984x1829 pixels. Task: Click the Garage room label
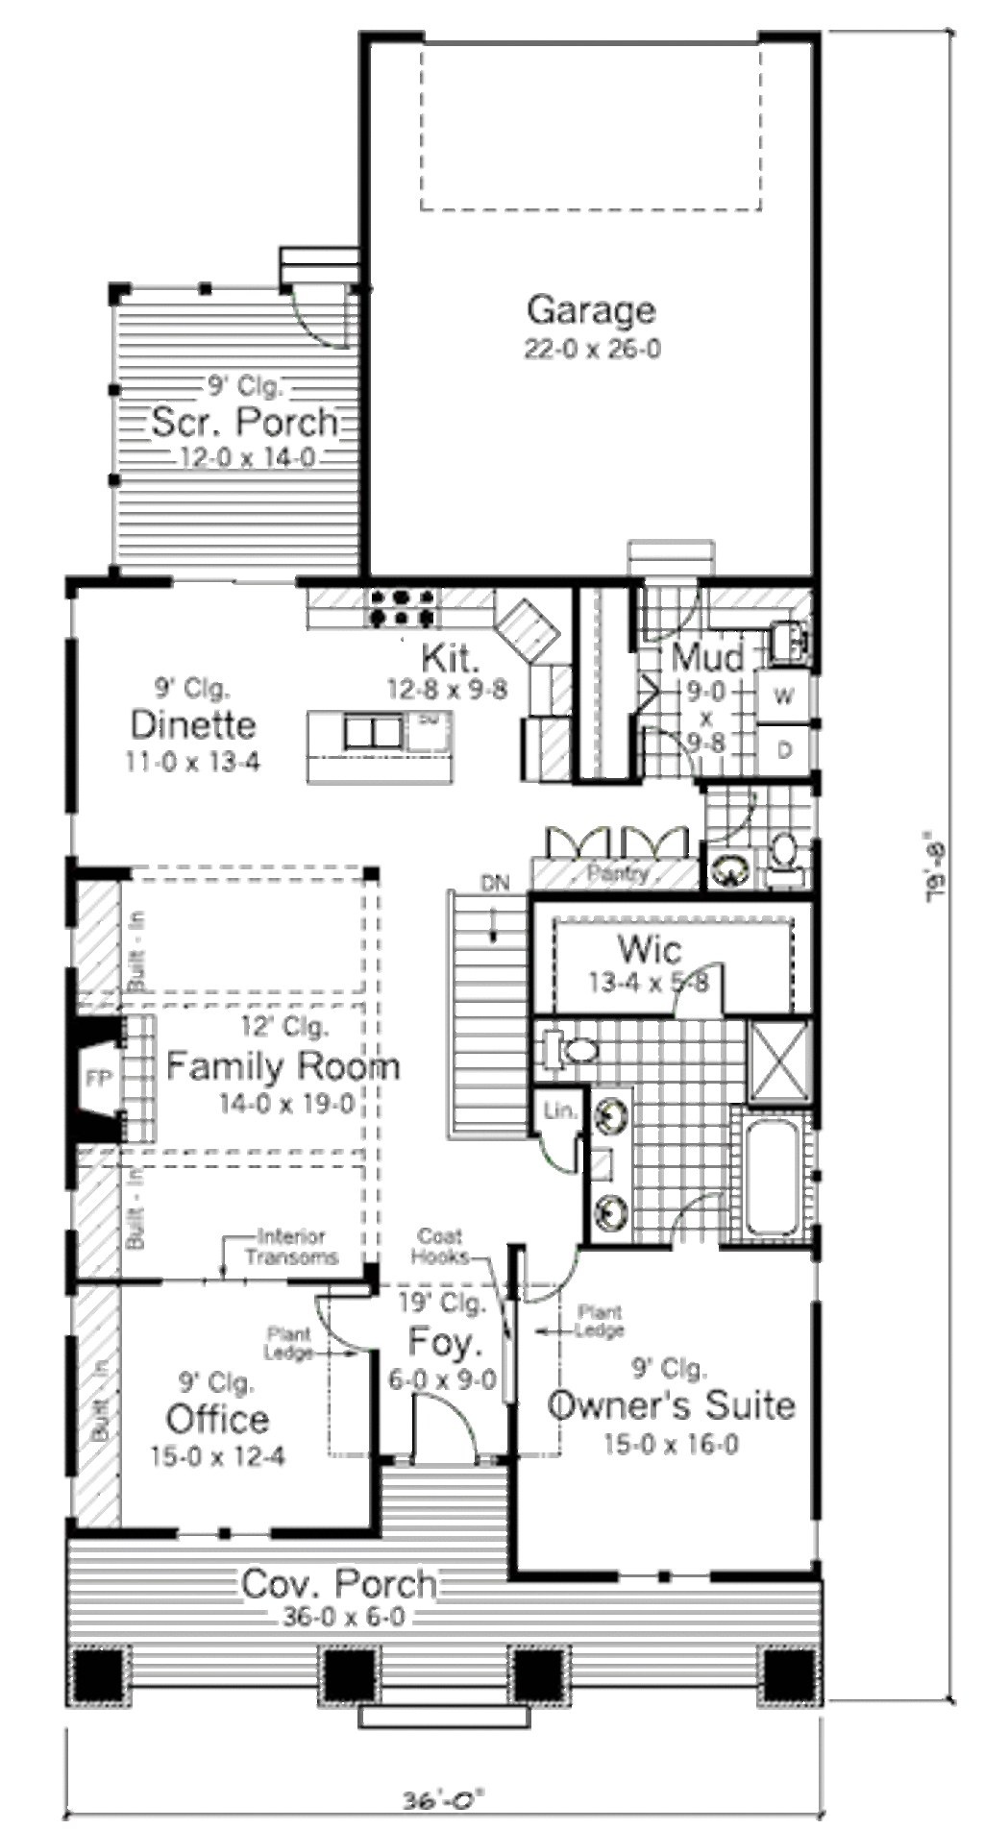coord(591,309)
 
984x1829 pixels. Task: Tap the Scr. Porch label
coord(245,422)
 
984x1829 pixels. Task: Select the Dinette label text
coord(193,723)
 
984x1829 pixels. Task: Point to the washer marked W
coord(784,696)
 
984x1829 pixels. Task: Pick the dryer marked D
coord(784,750)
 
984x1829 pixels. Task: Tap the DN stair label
coord(495,883)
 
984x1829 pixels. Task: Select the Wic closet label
coord(651,949)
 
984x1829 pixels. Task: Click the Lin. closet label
coord(560,1110)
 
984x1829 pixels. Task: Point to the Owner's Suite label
coord(671,1404)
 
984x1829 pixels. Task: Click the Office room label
coord(217,1419)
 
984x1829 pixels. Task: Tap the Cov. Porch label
coord(338,1583)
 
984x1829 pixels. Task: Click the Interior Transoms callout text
coord(291,1247)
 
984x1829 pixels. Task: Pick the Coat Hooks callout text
coord(440,1246)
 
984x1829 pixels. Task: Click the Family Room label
coord(283,1065)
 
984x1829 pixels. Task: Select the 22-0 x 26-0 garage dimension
coord(592,349)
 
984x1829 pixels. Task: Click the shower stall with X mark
coord(779,1061)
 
